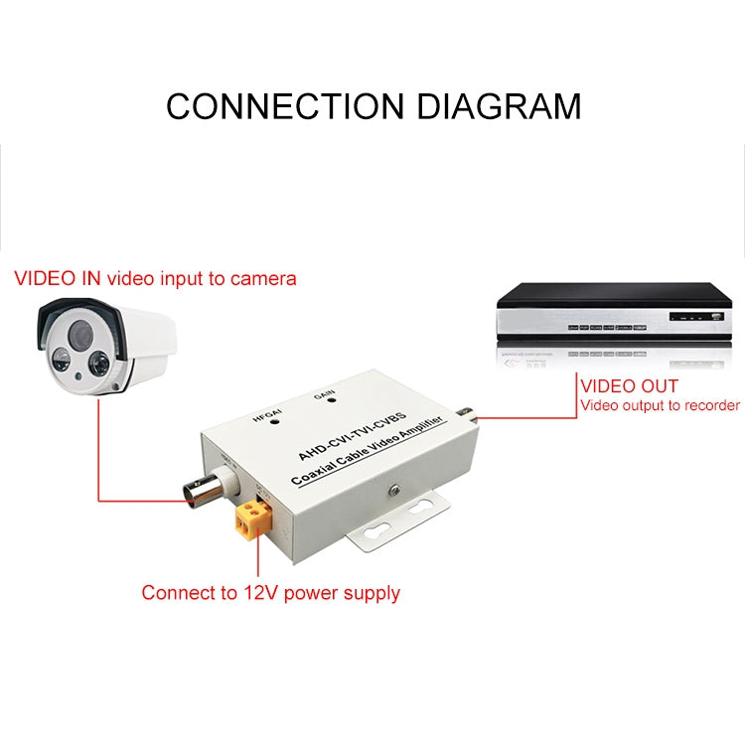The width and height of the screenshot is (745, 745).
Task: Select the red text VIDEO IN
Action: [58, 278]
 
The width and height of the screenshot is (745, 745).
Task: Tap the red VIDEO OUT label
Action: [629, 385]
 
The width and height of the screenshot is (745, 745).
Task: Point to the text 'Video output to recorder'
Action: [660, 405]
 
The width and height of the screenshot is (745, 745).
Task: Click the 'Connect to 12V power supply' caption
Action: [270, 593]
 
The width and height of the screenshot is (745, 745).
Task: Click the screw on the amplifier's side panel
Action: [393, 489]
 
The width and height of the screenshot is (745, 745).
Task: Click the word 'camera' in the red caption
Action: [263, 278]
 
